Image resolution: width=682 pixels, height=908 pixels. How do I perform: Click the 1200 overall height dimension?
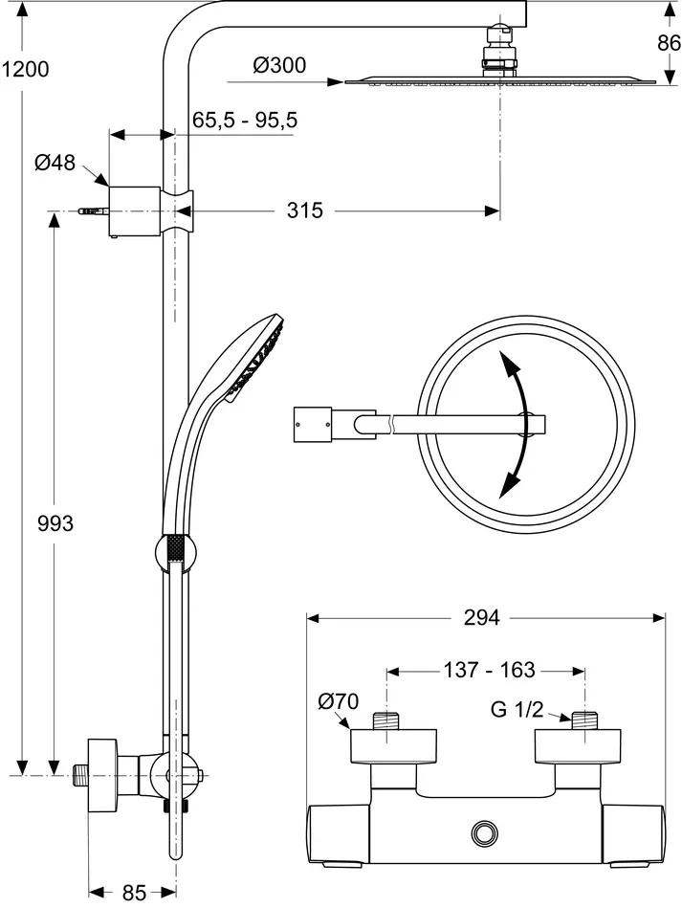coord(25,69)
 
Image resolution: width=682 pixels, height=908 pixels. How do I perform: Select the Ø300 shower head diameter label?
coord(279,65)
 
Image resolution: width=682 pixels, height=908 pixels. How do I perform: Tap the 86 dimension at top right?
coord(667,42)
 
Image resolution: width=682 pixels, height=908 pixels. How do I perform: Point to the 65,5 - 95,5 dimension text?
coord(245,120)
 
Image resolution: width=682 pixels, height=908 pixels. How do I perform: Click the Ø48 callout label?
coord(55,163)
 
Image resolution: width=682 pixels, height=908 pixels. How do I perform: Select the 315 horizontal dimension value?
coord(306,210)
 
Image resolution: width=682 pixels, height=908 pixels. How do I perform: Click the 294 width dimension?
coord(482,617)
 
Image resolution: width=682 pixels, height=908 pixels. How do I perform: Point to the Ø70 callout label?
coord(338,702)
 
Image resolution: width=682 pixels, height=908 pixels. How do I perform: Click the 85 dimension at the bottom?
coord(134,893)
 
